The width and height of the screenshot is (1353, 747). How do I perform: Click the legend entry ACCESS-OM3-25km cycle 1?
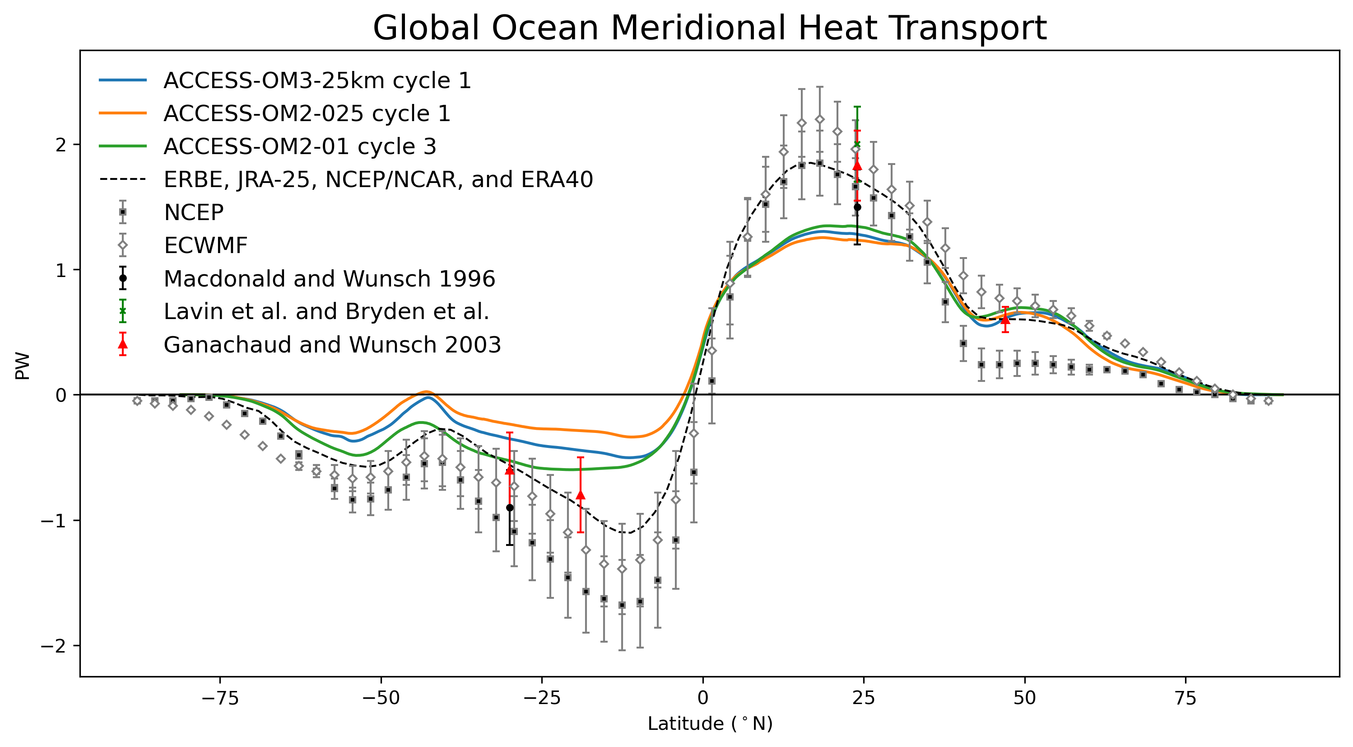click(317, 80)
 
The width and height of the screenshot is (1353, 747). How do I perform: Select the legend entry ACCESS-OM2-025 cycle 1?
click(307, 113)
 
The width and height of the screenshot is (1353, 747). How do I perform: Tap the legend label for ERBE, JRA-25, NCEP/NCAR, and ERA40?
click(378, 179)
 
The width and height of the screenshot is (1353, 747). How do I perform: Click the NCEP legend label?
click(194, 212)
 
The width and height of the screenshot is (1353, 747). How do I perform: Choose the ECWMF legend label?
click(205, 245)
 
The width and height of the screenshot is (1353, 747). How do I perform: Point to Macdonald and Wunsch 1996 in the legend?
click(329, 279)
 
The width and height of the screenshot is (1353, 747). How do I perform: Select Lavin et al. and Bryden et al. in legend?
click(326, 311)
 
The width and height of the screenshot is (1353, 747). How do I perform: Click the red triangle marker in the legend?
click(123, 345)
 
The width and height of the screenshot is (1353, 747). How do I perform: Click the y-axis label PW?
click(23, 366)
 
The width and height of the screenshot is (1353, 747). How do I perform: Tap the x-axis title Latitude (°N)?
click(710, 724)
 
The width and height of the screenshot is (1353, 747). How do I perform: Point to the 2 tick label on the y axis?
click(61, 145)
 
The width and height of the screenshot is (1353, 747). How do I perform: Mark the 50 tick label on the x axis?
click(1024, 698)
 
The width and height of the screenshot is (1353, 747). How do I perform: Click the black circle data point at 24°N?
click(857, 207)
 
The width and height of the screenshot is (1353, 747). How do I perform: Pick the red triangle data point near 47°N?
click(1005, 319)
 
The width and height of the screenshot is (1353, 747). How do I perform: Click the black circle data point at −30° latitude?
click(510, 508)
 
